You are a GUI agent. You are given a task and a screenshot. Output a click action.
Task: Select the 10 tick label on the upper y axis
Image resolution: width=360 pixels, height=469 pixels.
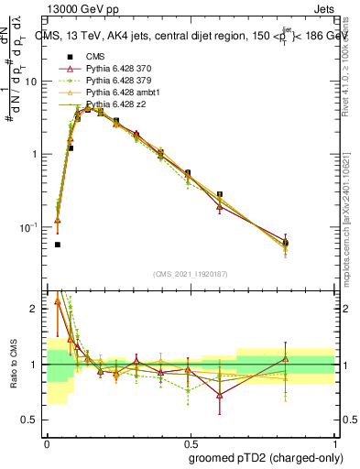tap(31, 82)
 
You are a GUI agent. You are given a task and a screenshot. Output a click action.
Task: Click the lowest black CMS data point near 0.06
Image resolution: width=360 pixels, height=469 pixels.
tap(58, 245)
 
